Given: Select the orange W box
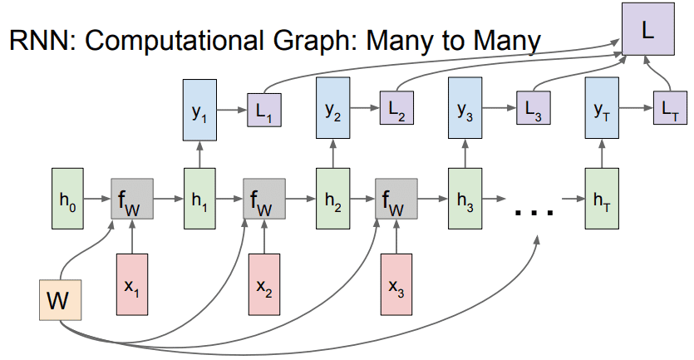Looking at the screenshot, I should click(x=57, y=300).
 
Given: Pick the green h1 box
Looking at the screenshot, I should click(x=199, y=200).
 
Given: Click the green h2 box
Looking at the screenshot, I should click(x=332, y=200).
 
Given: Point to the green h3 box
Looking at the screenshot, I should click(x=465, y=200).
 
